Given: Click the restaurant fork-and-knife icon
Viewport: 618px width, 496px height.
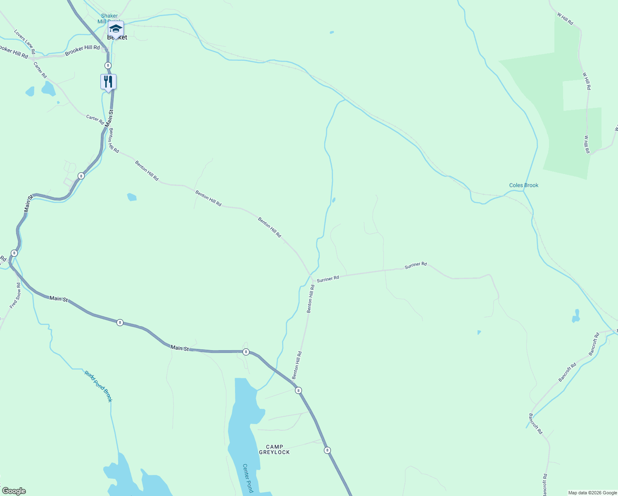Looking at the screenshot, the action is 108,82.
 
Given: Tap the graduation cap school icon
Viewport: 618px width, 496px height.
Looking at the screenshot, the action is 116,29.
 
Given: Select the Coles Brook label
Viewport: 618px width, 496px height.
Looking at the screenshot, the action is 523,185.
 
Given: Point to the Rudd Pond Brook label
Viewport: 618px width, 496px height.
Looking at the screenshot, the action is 98,386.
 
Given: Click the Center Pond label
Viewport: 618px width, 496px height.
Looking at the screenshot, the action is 247,478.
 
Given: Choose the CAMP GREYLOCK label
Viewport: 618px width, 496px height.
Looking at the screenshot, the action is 274,449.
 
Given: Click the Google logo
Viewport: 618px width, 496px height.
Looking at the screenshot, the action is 14,491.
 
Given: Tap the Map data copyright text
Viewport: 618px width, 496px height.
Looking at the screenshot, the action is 592,493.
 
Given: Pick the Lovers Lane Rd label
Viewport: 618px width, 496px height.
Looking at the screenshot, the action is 24,42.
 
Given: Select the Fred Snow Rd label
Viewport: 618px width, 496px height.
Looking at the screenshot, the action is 15,296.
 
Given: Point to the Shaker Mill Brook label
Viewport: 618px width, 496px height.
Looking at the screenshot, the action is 109,19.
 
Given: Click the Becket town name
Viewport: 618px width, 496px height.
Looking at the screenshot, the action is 117,37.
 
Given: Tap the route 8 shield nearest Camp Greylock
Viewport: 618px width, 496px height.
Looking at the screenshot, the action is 327,450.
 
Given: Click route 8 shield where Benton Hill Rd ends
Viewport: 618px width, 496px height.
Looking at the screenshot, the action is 298,390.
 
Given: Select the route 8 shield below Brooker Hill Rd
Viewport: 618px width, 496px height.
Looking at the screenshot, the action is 108,65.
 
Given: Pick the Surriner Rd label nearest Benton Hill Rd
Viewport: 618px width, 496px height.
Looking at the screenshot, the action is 328,279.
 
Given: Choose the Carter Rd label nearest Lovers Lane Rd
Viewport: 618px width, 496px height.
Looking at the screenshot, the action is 40,70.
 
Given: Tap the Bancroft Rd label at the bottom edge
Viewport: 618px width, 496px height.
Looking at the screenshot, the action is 545,484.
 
